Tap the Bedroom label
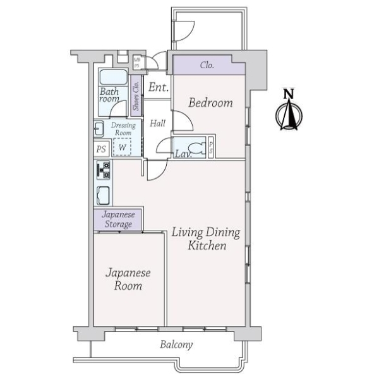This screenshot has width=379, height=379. point(211,102)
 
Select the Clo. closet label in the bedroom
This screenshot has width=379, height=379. point(207,65)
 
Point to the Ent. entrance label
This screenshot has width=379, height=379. point(157,88)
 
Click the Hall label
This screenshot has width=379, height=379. point(158,123)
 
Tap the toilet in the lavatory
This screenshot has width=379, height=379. point(200,149)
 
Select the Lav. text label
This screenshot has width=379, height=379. point(183,153)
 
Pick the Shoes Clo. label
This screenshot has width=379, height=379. point(136,96)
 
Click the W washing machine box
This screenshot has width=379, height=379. point(122,147)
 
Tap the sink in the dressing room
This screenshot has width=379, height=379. point(99,129)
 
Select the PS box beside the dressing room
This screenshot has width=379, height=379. point(100,150)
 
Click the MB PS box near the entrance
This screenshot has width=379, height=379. point(137,63)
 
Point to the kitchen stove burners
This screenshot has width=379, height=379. point(102,170)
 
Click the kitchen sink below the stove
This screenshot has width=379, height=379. point(103,194)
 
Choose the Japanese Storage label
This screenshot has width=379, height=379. point(118,220)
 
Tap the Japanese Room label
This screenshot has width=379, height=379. point(128,279)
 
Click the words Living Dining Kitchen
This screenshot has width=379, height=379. point(206,239)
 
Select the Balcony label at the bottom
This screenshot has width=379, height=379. point(176,345)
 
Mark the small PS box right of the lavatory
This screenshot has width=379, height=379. point(212,147)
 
